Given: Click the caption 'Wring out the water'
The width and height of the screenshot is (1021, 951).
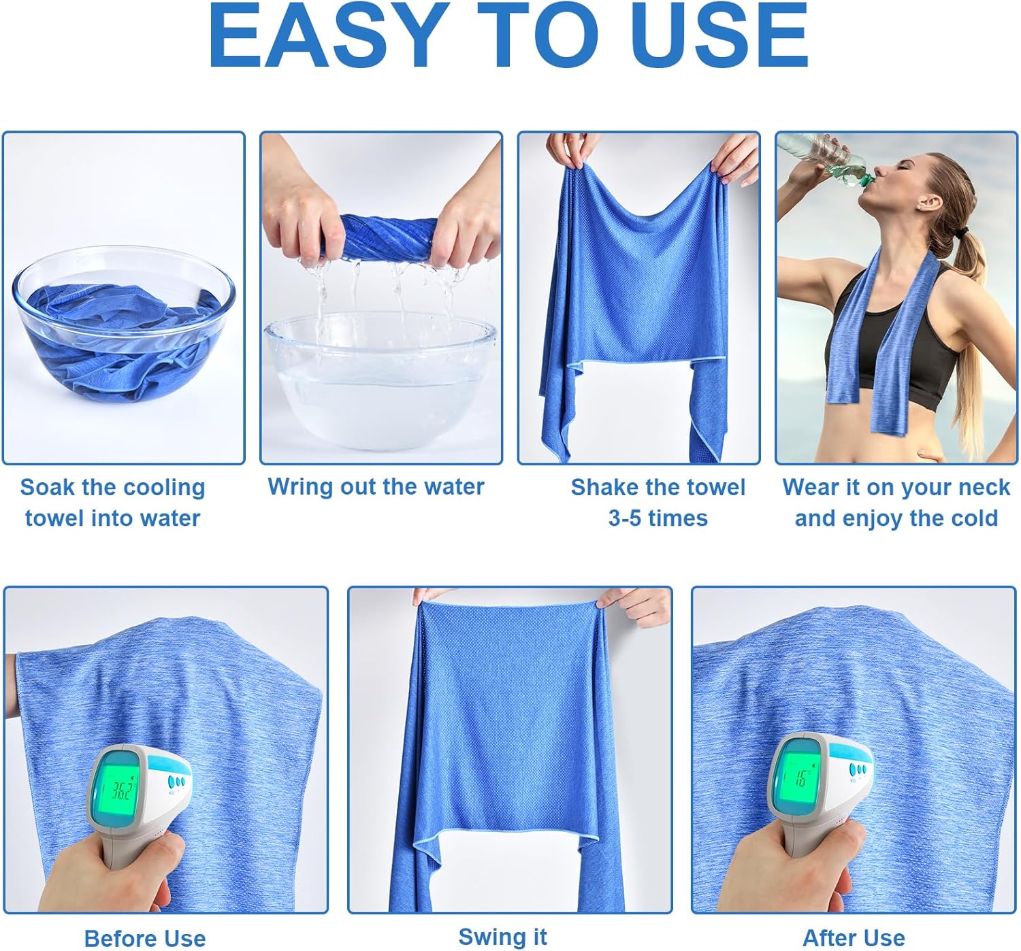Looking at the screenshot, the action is [x=376, y=487].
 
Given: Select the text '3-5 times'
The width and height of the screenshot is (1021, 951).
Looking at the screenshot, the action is [x=658, y=518].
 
